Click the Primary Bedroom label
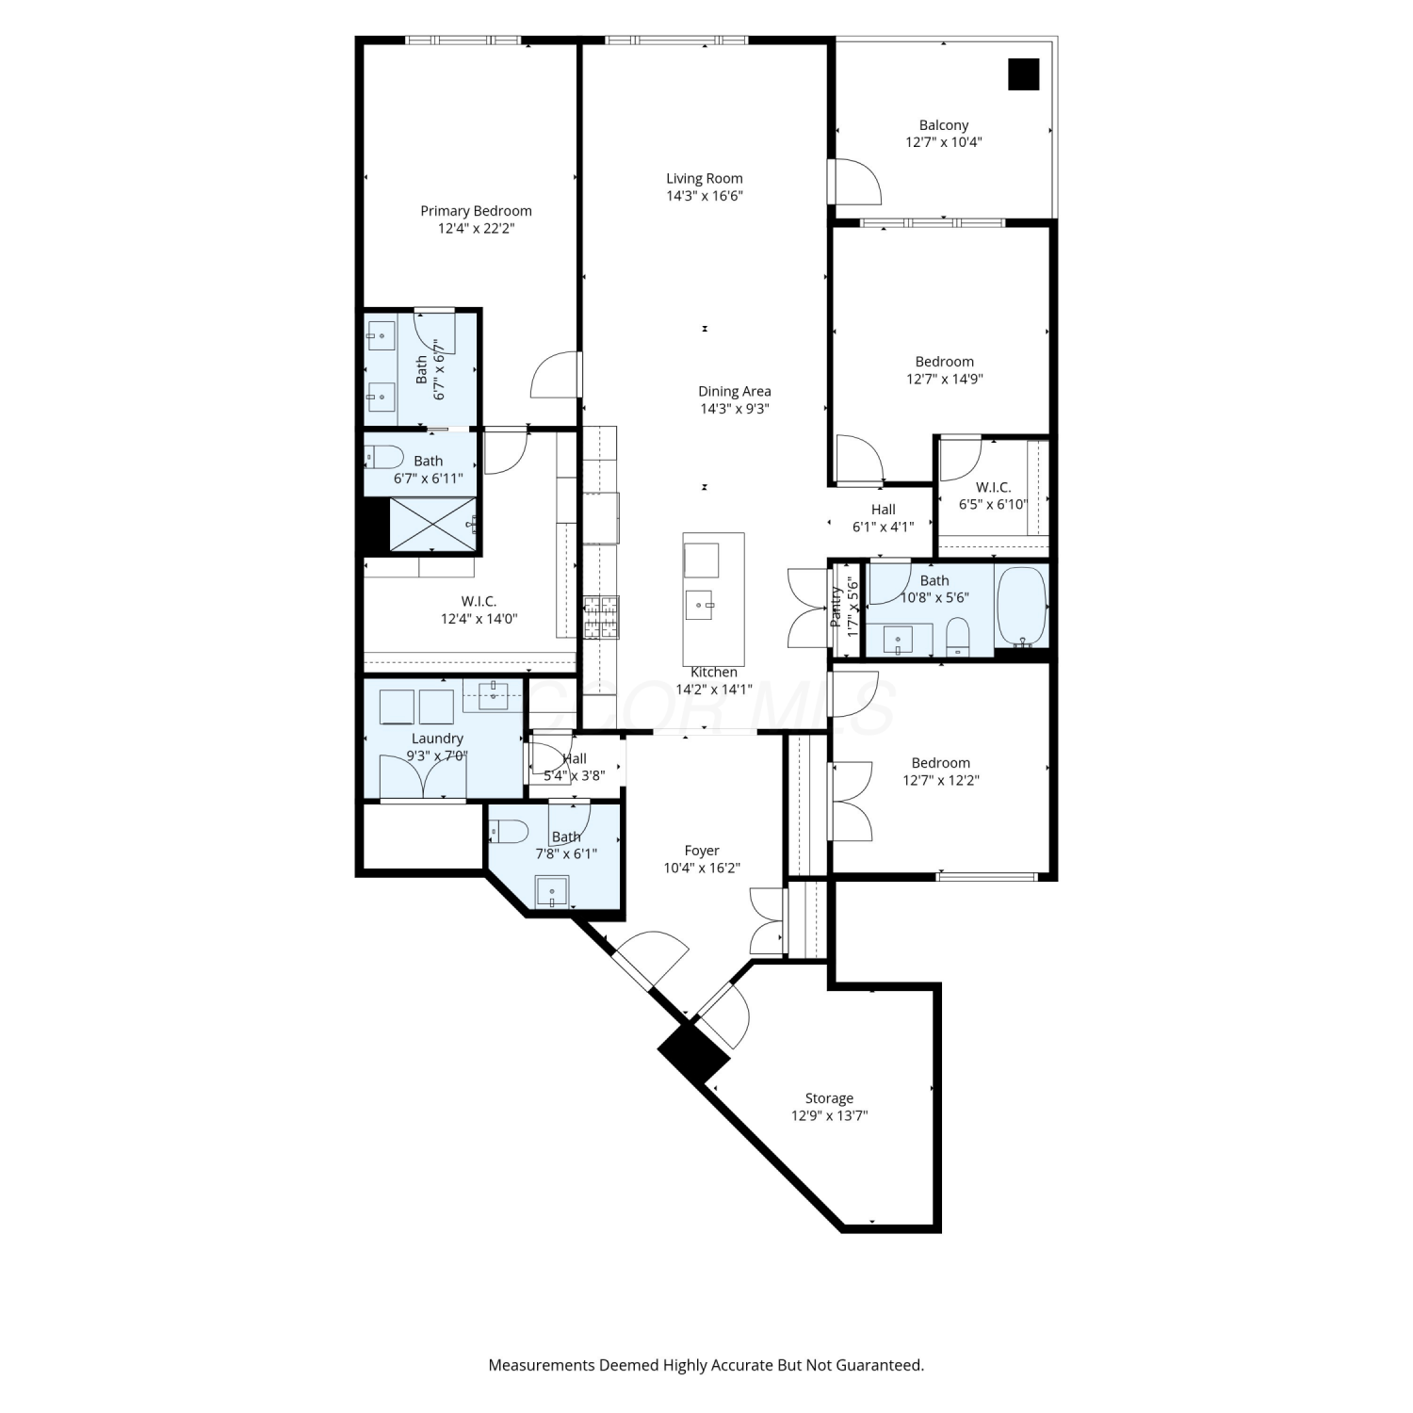476,211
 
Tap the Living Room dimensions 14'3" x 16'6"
705,196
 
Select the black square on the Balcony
1024,74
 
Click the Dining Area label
735,391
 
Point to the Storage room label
829,1098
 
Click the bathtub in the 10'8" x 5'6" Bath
1022,606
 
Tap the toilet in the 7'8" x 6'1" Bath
510,831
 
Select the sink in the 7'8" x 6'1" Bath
552,891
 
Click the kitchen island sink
700,604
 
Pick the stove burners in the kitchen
600,618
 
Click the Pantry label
836,608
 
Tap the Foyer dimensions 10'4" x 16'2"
702,868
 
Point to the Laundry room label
437,739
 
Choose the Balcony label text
944,125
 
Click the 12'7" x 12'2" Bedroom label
941,763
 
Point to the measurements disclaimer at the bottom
706,1365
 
